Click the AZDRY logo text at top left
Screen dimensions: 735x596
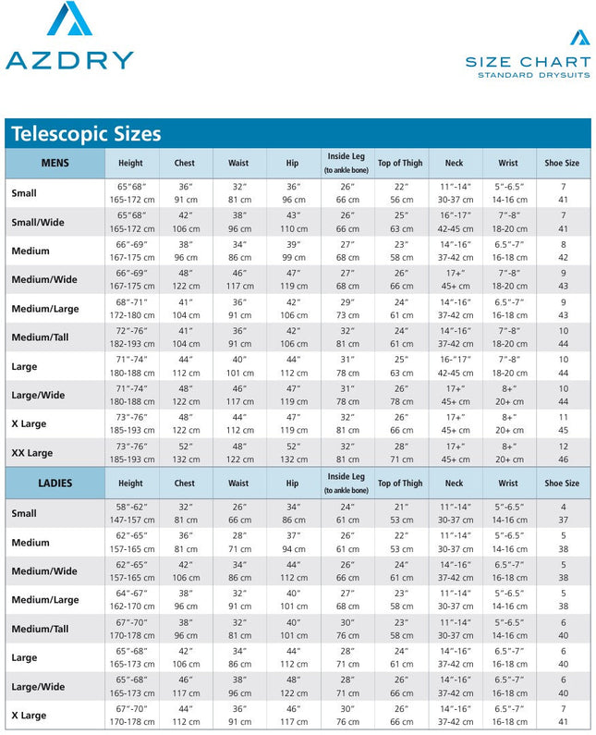(69, 60)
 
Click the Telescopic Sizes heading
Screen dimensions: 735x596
(86, 134)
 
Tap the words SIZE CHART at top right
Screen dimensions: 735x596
(528, 62)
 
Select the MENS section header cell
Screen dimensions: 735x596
(55, 164)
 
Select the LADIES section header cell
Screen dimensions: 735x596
(55, 484)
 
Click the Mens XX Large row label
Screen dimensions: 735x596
(32, 453)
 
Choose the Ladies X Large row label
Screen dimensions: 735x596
(29, 716)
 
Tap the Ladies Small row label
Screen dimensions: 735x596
(24, 513)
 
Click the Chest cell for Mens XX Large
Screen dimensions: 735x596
(185, 453)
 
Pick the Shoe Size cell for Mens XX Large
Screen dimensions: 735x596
(563, 453)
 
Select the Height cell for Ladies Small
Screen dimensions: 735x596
(130, 513)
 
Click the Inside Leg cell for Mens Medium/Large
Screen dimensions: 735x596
(347, 309)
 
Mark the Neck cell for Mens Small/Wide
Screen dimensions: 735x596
(455, 222)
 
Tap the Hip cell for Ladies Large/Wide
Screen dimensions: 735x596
(293, 686)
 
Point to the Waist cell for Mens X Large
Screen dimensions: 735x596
(239, 424)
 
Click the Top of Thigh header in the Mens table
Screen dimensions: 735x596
(400, 164)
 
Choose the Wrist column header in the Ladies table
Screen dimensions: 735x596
(508, 484)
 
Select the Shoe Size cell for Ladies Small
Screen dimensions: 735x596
(563, 513)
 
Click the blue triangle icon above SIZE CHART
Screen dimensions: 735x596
(579, 37)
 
